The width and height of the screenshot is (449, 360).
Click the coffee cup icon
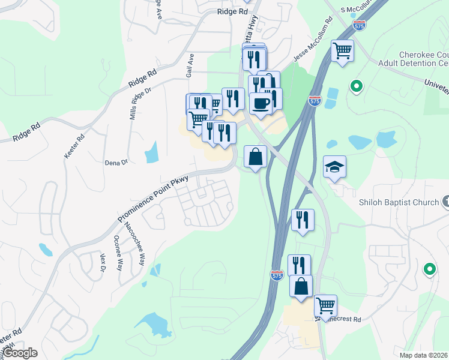(x=261, y=103)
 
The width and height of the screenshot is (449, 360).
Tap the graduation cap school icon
(x=334, y=166)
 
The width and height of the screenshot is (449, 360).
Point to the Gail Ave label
(x=190, y=65)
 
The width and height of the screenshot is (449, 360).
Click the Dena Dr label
(x=116, y=162)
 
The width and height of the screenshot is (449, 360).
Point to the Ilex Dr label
(x=103, y=262)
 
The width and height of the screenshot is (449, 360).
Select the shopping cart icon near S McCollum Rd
(x=342, y=50)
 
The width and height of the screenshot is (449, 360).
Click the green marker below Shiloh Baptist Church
(x=429, y=269)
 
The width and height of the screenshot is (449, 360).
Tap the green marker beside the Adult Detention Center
(x=357, y=88)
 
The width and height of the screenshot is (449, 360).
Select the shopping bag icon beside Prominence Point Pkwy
(x=256, y=157)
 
